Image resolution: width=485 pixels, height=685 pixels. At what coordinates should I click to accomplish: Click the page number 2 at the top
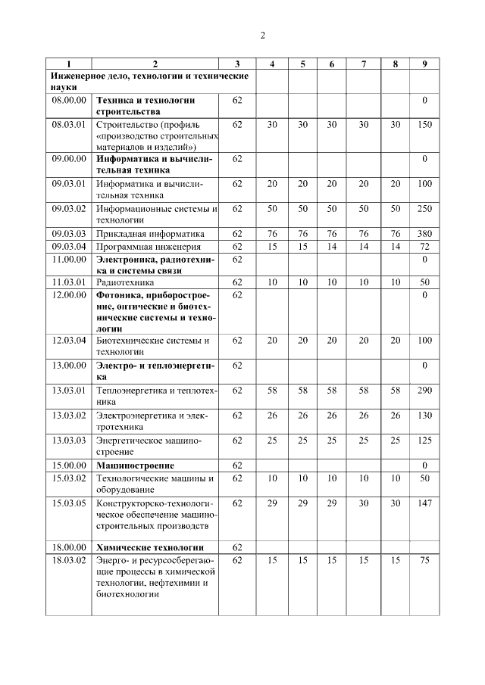pyautogui.click(x=262, y=35)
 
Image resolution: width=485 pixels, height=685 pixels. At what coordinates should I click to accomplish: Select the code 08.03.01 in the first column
pyautogui.click(x=68, y=123)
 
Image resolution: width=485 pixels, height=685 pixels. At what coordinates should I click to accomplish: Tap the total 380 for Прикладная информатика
pyautogui.click(x=424, y=233)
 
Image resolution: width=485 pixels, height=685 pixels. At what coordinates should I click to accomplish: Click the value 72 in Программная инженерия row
pyautogui.click(x=424, y=247)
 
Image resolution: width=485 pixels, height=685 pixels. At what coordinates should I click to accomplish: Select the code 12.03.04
pyautogui.click(x=68, y=341)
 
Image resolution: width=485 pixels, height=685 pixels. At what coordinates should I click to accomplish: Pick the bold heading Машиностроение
pyautogui.click(x=135, y=465)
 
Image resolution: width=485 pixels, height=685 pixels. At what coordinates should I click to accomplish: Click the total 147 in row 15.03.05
pyautogui.click(x=424, y=502)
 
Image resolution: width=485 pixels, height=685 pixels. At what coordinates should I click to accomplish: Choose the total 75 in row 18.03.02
pyautogui.click(x=424, y=560)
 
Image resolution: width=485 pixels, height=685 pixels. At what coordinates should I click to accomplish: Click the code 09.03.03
pyautogui.click(x=68, y=233)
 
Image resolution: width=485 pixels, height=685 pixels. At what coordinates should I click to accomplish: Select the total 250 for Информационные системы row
pyautogui.click(x=424, y=208)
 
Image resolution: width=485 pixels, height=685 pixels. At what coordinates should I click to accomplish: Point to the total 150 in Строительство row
pyautogui.click(x=424, y=123)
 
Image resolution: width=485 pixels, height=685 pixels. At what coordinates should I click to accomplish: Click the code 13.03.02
pyautogui.click(x=68, y=415)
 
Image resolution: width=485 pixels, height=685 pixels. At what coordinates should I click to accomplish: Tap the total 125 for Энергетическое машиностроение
pyautogui.click(x=424, y=440)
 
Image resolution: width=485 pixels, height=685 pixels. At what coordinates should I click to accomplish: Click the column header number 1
pyautogui.click(x=67, y=64)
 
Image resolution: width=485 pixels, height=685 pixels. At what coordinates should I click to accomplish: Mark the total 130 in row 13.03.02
pyautogui.click(x=424, y=415)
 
